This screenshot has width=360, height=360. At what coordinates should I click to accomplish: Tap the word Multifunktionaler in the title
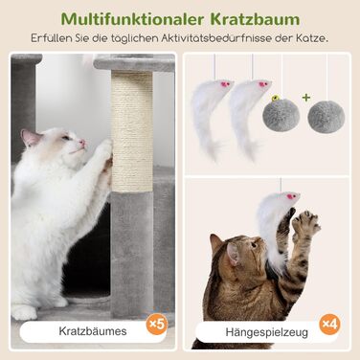coord(132,19)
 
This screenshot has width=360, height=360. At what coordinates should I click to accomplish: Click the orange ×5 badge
coord(157,325)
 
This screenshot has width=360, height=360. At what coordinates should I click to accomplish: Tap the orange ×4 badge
coord(329,324)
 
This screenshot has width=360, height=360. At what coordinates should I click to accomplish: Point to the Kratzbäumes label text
coord(93,331)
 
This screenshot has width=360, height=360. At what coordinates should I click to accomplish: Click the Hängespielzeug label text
coord(267,332)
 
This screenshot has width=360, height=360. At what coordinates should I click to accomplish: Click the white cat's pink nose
coord(83,143)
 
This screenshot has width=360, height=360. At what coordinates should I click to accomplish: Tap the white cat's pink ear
coord(31,137)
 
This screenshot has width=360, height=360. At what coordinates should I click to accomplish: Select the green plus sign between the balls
coord(306,98)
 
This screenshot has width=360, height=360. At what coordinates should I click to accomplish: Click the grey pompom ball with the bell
coord(281,114)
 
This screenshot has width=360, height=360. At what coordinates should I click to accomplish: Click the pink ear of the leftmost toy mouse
coord(225,84)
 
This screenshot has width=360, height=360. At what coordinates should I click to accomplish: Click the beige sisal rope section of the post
coord(132,131)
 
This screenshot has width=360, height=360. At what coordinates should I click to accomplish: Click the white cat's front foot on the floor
coord(23,312)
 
